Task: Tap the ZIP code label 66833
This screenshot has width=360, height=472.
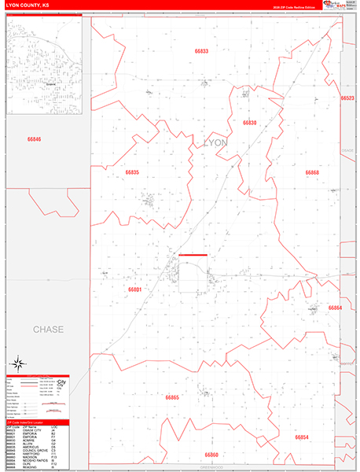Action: (x=202, y=51)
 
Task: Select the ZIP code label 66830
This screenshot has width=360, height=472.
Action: (x=250, y=124)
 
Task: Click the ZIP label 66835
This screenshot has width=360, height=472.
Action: (x=132, y=171)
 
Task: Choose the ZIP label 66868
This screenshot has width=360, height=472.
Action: (x=313, y=171)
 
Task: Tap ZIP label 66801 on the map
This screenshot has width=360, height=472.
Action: (x=135, y=289)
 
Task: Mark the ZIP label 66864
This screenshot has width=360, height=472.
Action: (x=336, y=308)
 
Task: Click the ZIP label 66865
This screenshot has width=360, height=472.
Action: (x=172, y=397)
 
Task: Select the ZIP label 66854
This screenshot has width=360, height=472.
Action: (x=301, y=437)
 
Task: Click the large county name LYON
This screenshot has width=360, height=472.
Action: (x=215, y=142)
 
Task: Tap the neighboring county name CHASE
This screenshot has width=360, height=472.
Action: (x=49, y=329)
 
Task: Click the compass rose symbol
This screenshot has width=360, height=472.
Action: (x=18, y=363)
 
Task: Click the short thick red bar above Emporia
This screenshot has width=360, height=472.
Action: (x=193, y=255)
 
